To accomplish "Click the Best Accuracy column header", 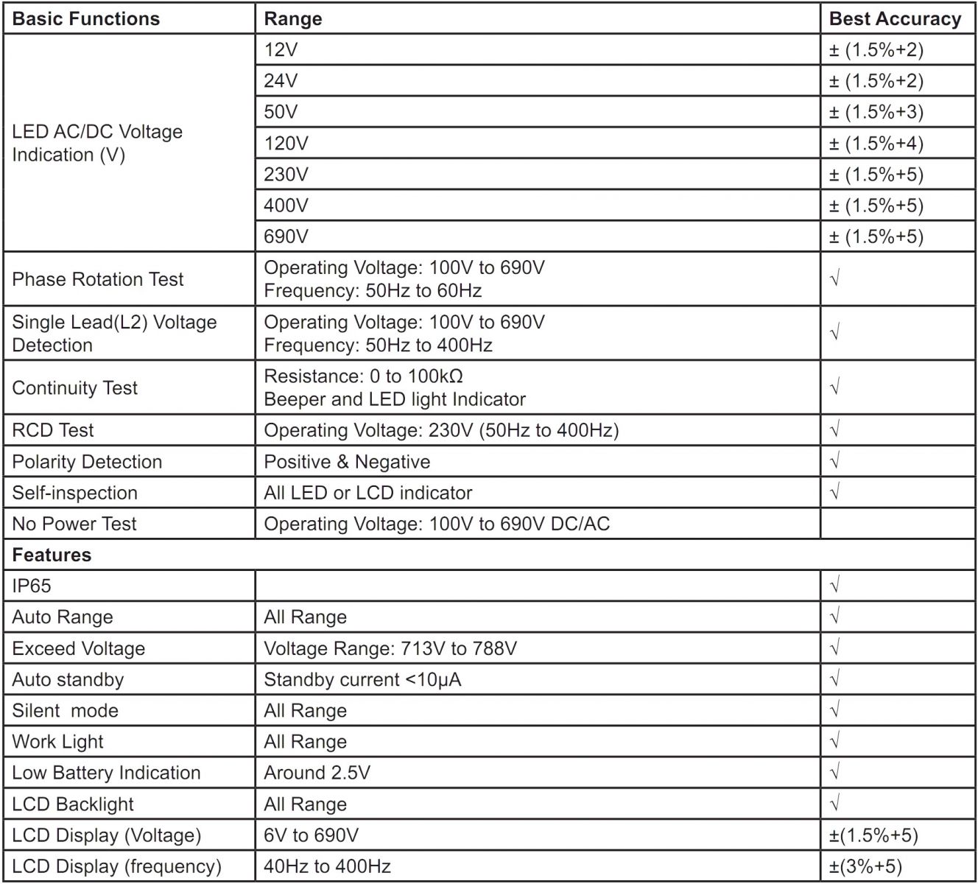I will coord(895,19).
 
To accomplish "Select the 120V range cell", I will coord(286,143).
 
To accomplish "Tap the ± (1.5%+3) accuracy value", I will coord(876,112).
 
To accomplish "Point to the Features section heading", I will coord(52,555).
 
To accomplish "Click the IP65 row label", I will coord(32,586).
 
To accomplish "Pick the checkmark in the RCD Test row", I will coord(834,430).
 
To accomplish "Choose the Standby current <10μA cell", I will coord(362,679).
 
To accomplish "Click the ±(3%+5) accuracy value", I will coord(865,866).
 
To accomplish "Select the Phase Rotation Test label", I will coord(98,279).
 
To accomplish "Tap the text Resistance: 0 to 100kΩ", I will coord(363,376).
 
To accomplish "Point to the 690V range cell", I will coord(286,236).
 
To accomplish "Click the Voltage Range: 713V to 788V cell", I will coord(390,648).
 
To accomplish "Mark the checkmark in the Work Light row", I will coord(834,742).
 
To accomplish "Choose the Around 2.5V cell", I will coord(317,773).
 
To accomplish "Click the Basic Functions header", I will coord(86,19).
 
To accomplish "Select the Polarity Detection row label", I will coord(87,462).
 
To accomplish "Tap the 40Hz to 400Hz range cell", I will coord(327,866).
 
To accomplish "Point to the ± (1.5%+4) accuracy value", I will coord(876,143).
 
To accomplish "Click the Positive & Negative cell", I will coord(347,462).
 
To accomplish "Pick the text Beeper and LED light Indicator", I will coord(395,399).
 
